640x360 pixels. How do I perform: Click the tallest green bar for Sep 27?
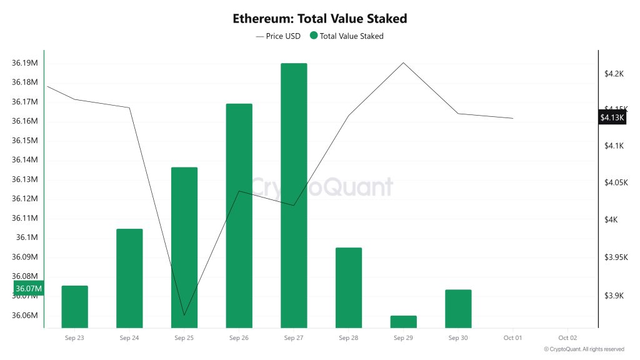click(x=294, y=195)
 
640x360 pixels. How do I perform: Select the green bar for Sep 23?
click(x=75, y=306)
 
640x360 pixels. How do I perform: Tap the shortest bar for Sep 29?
click(x=403, y=321)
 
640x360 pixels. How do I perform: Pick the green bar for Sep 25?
click(x=184, y=247)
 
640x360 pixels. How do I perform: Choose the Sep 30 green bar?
click(x=458, y=308)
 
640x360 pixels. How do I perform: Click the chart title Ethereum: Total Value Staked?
click(x=320, y=19)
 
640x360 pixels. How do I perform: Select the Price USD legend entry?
click(x=278, y=36)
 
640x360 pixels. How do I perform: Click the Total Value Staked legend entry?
click(x=347, y=36)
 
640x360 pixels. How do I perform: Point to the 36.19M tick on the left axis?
click(x=25, y=63)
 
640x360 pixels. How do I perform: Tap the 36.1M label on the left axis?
click(x=27, y=237)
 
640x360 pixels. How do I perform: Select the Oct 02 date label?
click(x=567, y=337)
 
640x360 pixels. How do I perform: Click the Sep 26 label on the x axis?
click(x=239, y=337)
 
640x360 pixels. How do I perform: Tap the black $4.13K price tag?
click(x=612, y=117)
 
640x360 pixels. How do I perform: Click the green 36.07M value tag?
click(x=29, y=288)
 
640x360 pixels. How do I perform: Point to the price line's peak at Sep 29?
click(x=403, y=62)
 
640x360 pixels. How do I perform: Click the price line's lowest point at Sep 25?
click(x=184, y=315)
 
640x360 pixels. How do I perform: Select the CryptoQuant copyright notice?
click(x=584, y=349)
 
